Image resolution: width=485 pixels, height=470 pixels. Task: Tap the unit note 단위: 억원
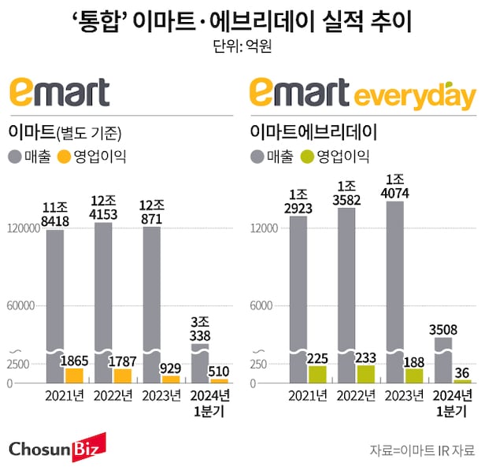click(242, 45)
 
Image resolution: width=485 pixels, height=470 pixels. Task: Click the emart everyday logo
click(362, 94)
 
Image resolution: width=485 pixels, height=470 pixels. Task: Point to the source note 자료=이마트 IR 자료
click(422, 450)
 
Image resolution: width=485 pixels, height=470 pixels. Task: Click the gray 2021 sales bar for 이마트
click(54, 299)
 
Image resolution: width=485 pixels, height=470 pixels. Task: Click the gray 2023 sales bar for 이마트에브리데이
click(394, 283)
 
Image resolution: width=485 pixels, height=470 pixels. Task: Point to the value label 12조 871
click(152, 213)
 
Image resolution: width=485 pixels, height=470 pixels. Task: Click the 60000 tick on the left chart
click(24, 305)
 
